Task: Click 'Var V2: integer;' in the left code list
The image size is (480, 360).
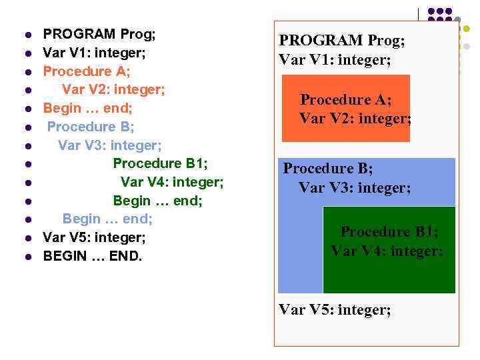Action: [x=113, y=89]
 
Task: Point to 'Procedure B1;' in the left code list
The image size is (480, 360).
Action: [x=165, y=163]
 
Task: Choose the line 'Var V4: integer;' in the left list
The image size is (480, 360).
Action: [x=172, y=182]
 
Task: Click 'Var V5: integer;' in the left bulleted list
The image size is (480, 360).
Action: [x=94, y=237]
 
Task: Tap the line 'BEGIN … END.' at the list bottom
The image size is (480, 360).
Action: [x=93, y=255]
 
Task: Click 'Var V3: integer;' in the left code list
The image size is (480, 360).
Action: [x=110, y=145]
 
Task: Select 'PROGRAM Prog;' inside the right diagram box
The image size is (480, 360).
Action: [x=341, y=41]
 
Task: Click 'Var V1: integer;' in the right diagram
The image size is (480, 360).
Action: [x=335, y=60]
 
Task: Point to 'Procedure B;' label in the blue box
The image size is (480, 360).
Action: [x=328, y=169]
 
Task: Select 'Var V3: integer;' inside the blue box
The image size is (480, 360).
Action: [x=355, y=188]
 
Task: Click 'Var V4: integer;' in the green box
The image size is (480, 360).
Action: [x=387, y=251]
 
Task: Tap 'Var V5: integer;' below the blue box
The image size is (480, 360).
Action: [x=335, y=310]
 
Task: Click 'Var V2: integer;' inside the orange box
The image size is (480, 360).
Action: [x=355, y=119]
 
